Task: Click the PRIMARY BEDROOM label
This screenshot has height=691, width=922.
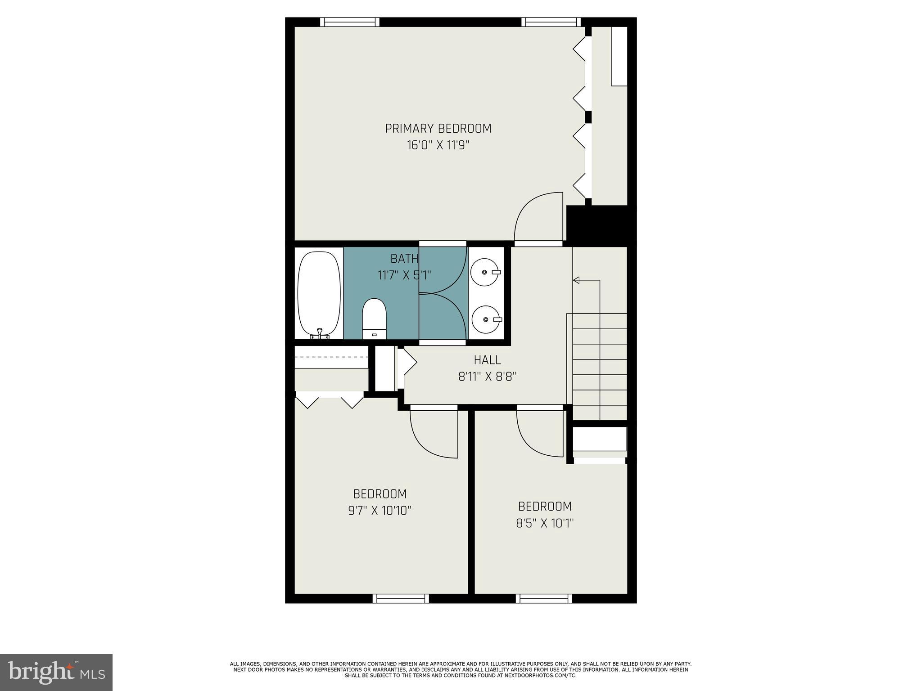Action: (438, 129)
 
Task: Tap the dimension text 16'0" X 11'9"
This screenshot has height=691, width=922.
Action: (438, 145)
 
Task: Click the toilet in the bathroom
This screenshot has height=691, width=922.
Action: (374, 319)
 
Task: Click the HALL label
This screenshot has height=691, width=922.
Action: (487, 360)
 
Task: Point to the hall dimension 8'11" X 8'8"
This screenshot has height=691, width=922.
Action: (487, 377)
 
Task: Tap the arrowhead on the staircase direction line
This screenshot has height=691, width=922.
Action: (576, 280)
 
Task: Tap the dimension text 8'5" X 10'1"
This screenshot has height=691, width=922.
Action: (545, 523)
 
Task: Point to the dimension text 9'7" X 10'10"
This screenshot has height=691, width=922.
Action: (380, 511)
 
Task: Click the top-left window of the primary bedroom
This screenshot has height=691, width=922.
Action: (350, 22)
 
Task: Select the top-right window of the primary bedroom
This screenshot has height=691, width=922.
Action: (551, 22)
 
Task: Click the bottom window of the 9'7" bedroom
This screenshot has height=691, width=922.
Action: (401, 598)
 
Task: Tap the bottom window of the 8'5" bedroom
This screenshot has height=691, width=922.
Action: (544, 598)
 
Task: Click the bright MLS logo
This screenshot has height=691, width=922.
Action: (56, 672)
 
